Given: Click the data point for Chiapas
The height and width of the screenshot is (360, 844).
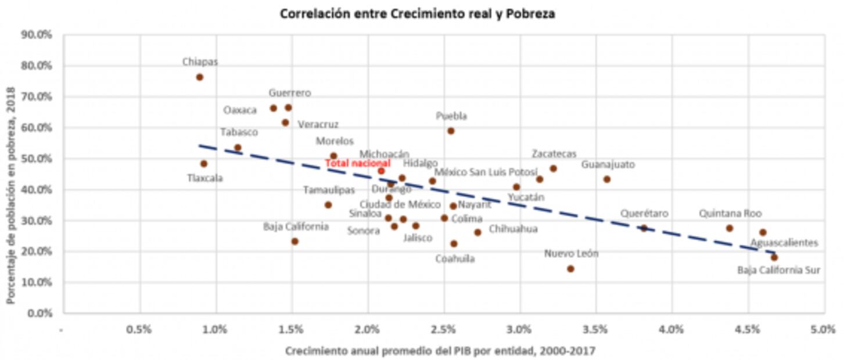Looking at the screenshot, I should coord(199,77).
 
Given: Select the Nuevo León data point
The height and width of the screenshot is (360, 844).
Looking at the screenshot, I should coord(570,269).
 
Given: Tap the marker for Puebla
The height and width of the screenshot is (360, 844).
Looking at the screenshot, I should coord(451,131).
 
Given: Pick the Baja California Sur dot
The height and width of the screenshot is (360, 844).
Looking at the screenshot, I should coord(774,257).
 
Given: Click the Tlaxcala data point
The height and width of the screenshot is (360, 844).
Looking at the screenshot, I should coord(203,164).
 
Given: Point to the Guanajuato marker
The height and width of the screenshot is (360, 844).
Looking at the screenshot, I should coord(607,179).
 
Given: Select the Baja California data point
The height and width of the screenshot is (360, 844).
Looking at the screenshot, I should coord(294,242).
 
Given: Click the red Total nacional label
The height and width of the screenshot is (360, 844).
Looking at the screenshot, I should coord(357,164).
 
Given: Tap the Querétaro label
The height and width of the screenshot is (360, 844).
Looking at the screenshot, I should coord(644,214).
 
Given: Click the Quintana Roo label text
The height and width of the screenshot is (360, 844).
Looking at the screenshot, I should coord(730,214).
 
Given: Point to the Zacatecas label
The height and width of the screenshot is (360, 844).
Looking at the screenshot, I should coord(554,154).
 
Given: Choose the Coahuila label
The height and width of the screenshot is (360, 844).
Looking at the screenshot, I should coord(455,259).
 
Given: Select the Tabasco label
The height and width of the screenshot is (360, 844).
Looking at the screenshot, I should coord(239,132).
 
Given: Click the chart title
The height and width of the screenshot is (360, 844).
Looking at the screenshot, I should coord(417,14).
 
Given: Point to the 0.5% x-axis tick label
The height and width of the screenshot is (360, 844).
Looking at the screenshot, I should coord(140,329).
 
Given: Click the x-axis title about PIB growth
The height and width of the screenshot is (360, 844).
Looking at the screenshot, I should coord(440,351).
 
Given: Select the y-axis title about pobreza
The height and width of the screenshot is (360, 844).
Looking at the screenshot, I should coord(11,174).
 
